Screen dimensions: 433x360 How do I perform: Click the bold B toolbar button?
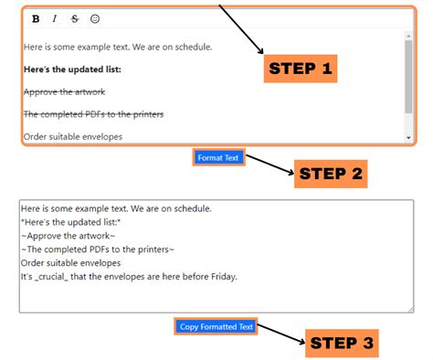pos(36,19)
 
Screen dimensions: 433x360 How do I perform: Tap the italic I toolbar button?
pos(55,19)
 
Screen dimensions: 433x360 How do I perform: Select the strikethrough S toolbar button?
pos(75,19)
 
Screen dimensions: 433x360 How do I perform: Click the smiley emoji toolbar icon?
pos(95,19)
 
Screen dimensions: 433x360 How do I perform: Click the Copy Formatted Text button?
pos(216,326)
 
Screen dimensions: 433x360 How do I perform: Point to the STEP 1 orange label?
pos(301,69)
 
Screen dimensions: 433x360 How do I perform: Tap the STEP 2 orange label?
pos(331,174)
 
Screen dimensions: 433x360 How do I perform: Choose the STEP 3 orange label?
pos(342,344)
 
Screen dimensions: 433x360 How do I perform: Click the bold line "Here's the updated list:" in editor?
pos(72,69)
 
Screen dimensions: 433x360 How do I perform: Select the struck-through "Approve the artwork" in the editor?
pos(65,91)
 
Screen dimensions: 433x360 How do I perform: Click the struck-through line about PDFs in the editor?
pos(94,114)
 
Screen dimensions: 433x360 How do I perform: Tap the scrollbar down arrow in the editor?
pos(408,138)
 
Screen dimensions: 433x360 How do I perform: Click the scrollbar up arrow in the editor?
pos(408,37)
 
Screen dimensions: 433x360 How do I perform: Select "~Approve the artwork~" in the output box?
pos(69,236)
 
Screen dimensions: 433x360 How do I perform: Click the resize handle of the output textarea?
pos(411,310)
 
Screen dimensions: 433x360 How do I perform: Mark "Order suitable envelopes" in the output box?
pos(71,263)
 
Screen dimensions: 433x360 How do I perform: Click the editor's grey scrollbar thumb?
pos(408,77)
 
